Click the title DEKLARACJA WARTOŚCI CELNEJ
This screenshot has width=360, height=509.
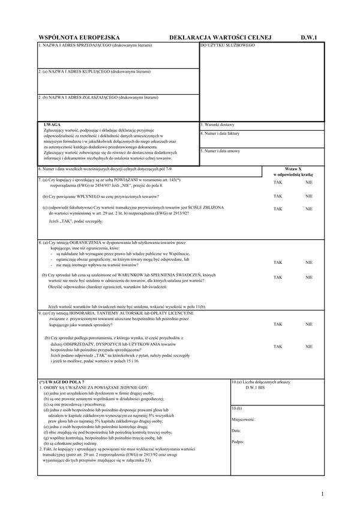tap(221, 37)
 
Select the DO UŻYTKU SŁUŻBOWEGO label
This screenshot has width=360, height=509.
tap(227, 46)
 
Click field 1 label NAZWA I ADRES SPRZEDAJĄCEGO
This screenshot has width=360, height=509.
tap(95, 46)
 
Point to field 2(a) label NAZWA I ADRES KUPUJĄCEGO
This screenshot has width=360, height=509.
tap(94, 71)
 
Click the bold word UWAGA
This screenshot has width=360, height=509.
tap(52, 125)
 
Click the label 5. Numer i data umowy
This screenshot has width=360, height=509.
tap(220, 151)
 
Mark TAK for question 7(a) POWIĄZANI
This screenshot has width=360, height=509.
tap(277, 182)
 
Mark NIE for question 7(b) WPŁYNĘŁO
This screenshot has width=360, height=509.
tap(309, 196)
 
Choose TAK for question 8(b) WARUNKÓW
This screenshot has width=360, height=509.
tap(277, 278)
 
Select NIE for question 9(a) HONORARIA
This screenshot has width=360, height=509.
tap(309, 324)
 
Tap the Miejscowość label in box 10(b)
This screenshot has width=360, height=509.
tap(244, 420)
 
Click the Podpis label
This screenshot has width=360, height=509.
tap(238, 442)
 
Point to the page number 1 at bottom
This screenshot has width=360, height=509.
tap(322, 494)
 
